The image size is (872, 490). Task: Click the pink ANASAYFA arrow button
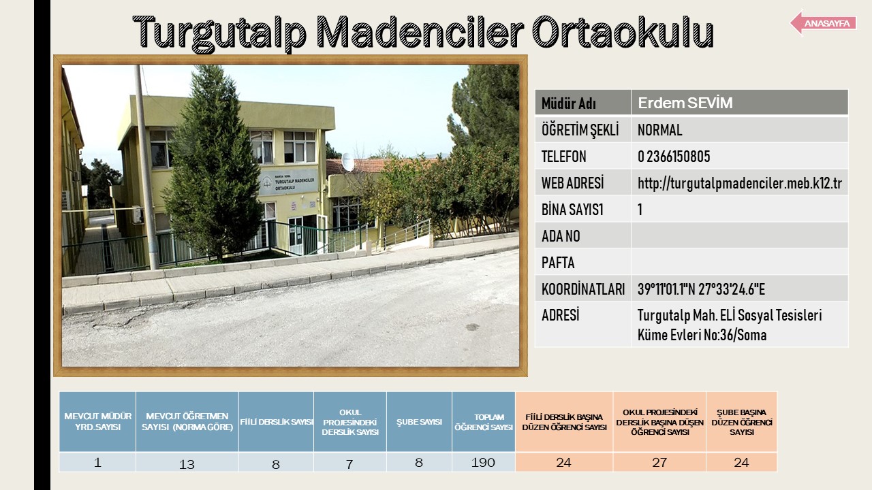(x=823, y=23)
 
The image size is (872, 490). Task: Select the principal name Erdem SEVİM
(x=685, y=103)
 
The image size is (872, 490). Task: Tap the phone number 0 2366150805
(x=674, y=157)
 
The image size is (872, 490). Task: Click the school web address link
(x=740, y=183)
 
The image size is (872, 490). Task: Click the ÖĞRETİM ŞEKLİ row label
(x=580, y=130)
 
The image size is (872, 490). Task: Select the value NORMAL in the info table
(x=660, y=130)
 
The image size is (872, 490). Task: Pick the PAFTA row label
(x=558, y=263)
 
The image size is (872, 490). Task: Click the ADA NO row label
(x=561, y=236)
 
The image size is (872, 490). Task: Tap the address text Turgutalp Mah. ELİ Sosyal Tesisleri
(x=730, y=315)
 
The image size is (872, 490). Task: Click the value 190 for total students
(x=483, y=462)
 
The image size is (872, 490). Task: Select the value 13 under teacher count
(x=187, y=464)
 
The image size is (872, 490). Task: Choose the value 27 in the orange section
(x=659, y=462)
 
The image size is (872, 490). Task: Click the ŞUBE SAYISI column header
(x=419, y=422)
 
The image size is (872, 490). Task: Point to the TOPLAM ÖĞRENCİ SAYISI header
(x=484, y=423)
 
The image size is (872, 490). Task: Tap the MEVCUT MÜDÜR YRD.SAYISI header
(x=97, y=421)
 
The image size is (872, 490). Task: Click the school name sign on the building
(x=288, y=182)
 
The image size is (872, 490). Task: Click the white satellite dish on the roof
(x=347, y=162)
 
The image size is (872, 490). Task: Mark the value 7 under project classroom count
(x=349, y=464)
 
